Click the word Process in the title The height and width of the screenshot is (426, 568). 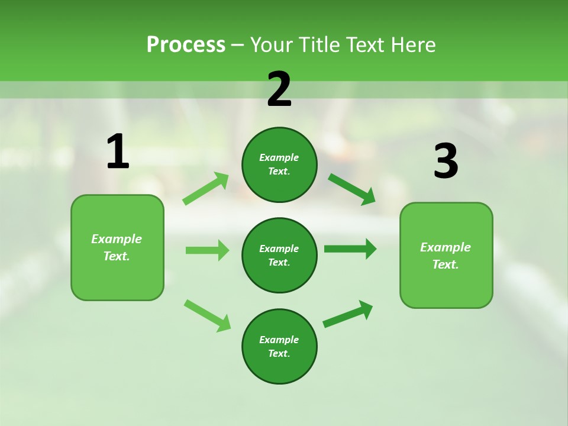(186, 45)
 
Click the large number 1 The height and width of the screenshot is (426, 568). (118, 151)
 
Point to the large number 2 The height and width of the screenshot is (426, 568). (279, 90)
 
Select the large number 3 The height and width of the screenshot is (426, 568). (446, 162)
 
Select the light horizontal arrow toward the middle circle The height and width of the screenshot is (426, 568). (207, 250)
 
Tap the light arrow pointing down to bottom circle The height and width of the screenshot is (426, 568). (207, 315)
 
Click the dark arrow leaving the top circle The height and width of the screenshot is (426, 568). (351, 189)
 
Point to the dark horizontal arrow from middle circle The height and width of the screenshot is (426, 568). (350, 248)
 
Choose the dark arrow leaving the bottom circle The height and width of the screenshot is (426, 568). (348, 314)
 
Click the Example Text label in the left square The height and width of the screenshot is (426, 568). (117, 247)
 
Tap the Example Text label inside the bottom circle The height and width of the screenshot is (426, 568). (279, 346)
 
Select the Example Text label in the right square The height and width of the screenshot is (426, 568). (446, 256)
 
